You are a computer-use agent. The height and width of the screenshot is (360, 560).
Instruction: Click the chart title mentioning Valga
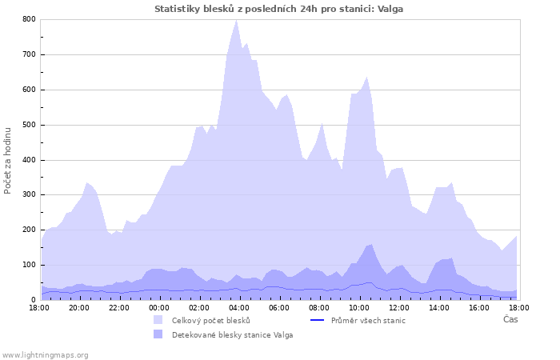(278, 9)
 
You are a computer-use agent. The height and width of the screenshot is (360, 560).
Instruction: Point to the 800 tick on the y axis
(30, 19)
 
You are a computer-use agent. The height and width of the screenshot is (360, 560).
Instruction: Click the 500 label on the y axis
(30, 125)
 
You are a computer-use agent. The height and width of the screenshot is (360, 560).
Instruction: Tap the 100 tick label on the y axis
(30, 265)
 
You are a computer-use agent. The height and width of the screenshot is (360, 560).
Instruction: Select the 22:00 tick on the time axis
(119, 308)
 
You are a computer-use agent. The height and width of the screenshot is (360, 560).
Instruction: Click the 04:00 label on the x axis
(239, 308)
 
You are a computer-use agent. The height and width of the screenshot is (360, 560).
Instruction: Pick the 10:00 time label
(359, 308)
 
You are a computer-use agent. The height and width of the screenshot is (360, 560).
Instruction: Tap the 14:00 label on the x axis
(439, 308)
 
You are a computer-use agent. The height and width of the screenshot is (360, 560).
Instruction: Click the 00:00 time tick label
(159, 308)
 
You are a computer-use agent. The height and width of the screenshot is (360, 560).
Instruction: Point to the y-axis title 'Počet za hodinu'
(8, 160)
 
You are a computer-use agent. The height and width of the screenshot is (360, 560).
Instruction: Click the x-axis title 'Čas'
(510, 319)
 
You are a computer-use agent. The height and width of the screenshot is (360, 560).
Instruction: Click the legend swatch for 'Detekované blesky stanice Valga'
(158, 334)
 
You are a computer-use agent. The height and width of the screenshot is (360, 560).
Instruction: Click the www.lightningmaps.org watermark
(46, 354)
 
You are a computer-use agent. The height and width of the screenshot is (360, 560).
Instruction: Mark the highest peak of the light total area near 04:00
(236, 20)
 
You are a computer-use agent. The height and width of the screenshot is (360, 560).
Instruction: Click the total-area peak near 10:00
(367, 77)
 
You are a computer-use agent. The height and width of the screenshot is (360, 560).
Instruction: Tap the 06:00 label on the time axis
(279, 308)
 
